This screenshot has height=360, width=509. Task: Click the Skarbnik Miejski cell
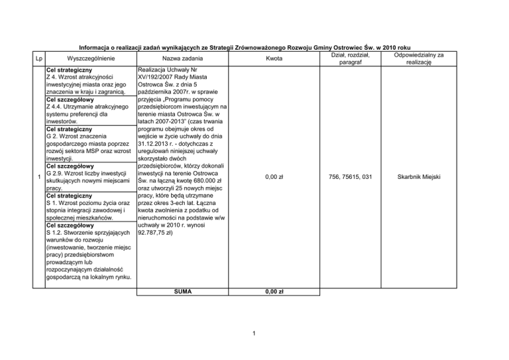(x=419, y=177)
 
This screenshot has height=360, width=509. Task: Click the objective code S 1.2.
(x=55, y=232)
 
